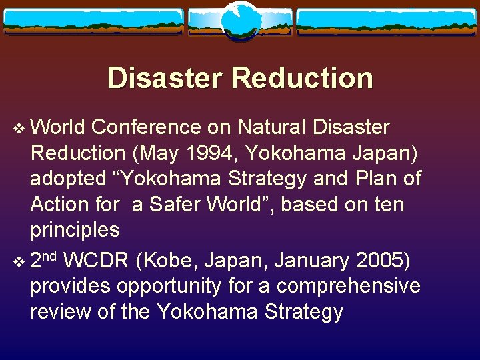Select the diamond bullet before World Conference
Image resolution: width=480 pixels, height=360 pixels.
click(19, 127)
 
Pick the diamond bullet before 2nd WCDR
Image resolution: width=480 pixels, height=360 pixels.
click(19, 261)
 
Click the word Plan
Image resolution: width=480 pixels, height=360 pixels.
click(379, 179)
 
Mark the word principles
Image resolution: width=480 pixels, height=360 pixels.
click(75, 231)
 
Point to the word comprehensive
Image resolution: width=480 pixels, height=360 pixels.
click(348, 286)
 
